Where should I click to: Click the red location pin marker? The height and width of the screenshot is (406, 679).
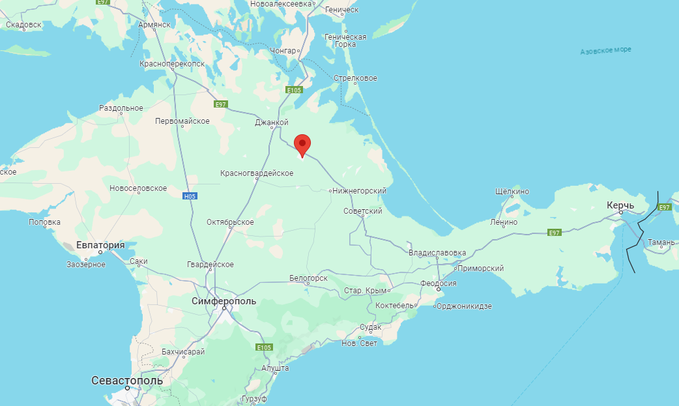pyautogui.click(x=302, y=144)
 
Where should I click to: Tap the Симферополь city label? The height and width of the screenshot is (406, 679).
pyautogui.click(x=224, y=301)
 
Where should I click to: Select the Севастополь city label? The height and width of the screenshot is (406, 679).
pyautogui.click(x=127, y=380)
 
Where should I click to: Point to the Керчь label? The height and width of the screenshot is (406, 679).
pyautogui.click(x=620, y=205)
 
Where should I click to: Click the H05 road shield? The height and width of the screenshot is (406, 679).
pyautogui.click(x=190, y=196)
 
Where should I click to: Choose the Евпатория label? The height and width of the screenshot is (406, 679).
pyautogui.click(x=100, y=245)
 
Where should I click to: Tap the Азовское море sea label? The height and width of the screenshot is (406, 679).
pyautogui.click(x=605, y=50)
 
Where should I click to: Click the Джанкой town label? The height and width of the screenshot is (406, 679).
pyautogui.click(x=272, y=122)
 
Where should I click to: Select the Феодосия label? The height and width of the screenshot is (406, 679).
pyautogui.click(x=438, y=283)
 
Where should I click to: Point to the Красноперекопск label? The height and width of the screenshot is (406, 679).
pyautogui.click(x=172, y=64)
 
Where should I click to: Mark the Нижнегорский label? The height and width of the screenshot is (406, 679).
pyautogui.click(x=359, y=191)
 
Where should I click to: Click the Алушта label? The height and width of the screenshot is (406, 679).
pyautogui.click(x=275, y=368)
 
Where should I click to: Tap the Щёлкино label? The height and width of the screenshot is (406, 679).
pyautogui.click(x=512, y=192)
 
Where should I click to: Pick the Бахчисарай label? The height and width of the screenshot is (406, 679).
pyautogui.click(x=183, y=352)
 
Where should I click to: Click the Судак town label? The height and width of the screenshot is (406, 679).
pyautogui.click(x=370, y=327)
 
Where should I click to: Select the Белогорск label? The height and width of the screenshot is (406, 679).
pyautogui.click(x=308, y=278)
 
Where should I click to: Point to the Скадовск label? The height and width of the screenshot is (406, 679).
pyautogui.click(x=23, y=25)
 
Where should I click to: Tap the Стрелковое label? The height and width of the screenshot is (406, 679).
pyautogui.click(x=355, y=78)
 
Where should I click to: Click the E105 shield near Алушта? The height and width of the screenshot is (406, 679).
pyautogui.click(x=263, y=347)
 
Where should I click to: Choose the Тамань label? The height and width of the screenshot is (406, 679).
pyautogui.click(x=661, y=242)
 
